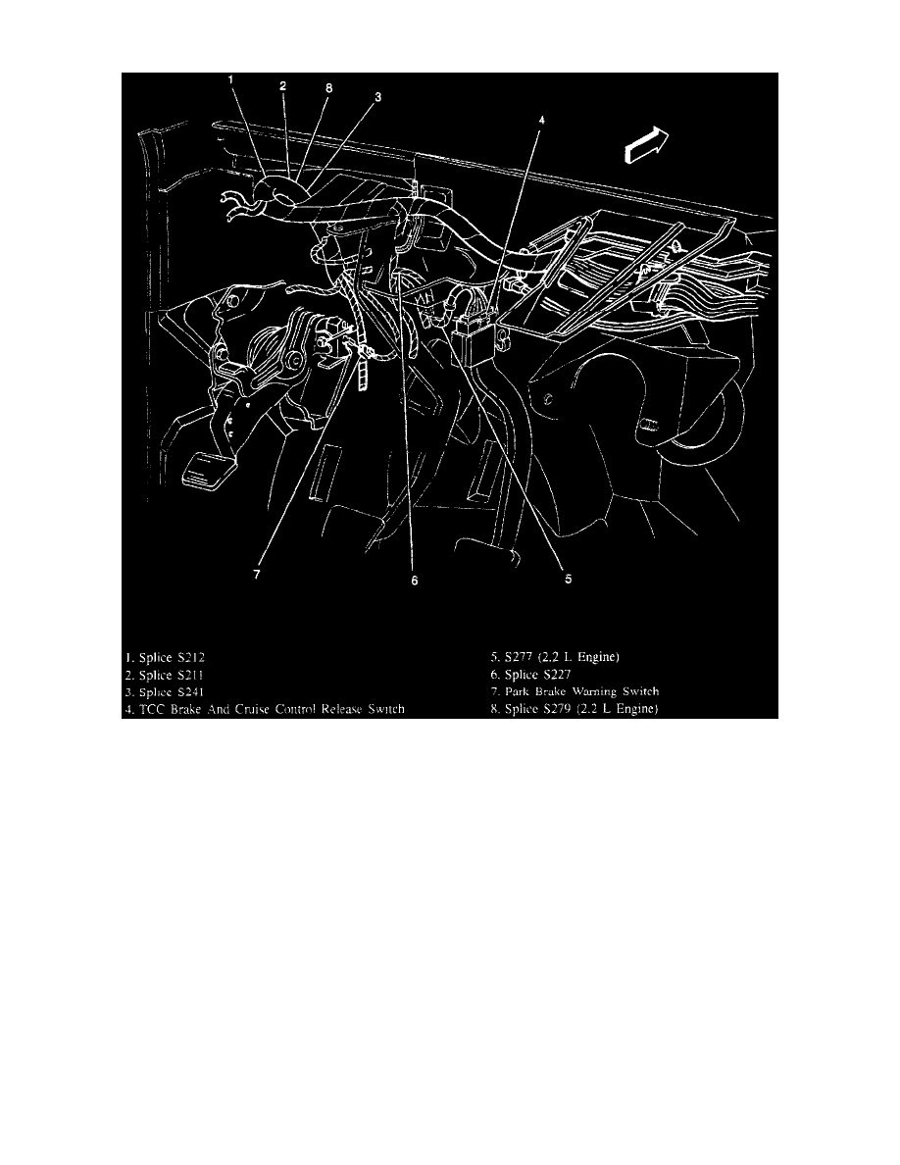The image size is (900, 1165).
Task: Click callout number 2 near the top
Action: [x=282, y=86]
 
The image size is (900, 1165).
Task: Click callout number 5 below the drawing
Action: [x=568, y=579]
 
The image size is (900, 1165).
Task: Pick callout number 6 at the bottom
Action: [x=415, y=581]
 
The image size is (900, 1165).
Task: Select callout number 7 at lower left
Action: [x=256, y=576]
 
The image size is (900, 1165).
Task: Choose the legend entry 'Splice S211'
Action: [x=173, y=675]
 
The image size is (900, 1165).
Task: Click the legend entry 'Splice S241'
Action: [x=173, y=692]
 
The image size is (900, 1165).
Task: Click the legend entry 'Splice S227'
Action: [x=534, y=675]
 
